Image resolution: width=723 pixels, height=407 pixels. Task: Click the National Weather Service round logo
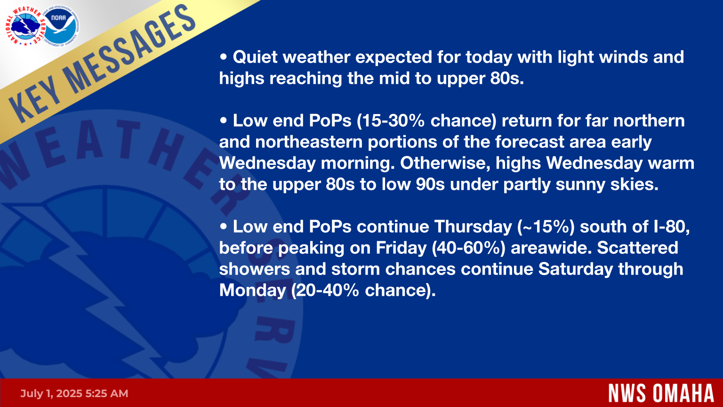pos(25,26)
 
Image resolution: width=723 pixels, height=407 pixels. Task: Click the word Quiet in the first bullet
pos(255,57)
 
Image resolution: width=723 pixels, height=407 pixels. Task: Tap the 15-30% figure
pos(391,121)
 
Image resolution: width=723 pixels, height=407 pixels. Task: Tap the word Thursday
pos(473,227)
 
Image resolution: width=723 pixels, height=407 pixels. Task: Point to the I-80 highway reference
pos(671,227)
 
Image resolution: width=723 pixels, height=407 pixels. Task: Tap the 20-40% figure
pos(325,290)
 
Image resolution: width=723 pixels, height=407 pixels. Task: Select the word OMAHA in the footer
pos(683,393)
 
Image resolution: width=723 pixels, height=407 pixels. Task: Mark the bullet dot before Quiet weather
pos(224,57)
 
